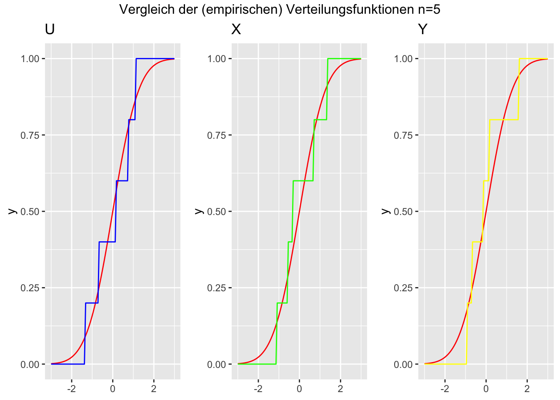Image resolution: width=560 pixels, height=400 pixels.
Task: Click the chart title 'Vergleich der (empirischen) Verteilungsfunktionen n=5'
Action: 280,9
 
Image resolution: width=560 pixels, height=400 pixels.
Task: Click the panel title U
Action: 50,30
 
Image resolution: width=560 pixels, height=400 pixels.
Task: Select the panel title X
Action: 236,30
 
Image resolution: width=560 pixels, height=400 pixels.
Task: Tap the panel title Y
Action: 422,30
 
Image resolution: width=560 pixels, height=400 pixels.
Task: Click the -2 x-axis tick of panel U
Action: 72,390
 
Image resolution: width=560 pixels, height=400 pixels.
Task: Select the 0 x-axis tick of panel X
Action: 299,390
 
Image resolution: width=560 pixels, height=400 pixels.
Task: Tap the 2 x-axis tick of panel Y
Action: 527,390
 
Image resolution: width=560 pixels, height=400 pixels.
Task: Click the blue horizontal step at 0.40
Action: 107,242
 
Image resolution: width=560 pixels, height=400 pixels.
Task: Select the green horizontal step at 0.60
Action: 303,180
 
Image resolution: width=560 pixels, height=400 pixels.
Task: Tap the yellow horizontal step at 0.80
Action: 504,120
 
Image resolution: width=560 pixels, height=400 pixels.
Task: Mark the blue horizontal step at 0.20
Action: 91,303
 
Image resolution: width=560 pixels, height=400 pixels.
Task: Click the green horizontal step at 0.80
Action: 320,120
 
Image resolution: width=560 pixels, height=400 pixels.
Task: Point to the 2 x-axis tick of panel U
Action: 154,390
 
